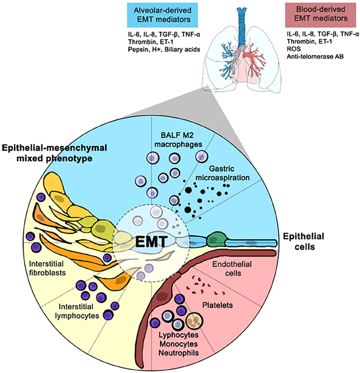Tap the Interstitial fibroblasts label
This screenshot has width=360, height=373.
click(x=60, y=269)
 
